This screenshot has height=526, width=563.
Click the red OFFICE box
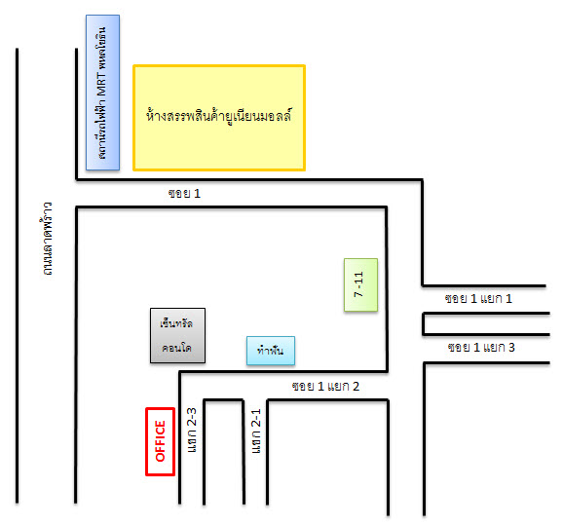pyautogui.click(x=160, y=441)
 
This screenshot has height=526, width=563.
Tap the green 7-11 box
pyautogui.click(x=360, y=284)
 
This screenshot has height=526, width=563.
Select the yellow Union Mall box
pyautogui.click(x=219, y=118)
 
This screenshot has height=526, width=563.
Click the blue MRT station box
pyautogui.click(x=102, y=93)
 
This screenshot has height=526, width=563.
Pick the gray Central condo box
pyautogui.click(x=177, y=335)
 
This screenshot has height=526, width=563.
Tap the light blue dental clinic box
pyautogui.click(x=271, y=351)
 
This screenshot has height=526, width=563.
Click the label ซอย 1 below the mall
pyautogui.click(x=184, y=194)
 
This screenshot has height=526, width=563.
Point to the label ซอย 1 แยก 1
pyautogui.click(x=478, y=299)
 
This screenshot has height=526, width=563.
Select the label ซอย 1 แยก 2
pyautogui.click(x=325, y=387)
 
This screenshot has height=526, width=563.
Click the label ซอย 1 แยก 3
pyautogui.click(x=481, y=348)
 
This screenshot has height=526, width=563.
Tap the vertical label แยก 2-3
pyautogui.click(x=192, y=430)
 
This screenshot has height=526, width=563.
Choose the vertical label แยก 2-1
pyautogui.click(x=256, y=431)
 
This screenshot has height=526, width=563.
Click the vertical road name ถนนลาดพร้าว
pyautogui.click(x=47, y=239)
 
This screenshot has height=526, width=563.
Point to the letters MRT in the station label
pyautogui.click(x=101, y=84)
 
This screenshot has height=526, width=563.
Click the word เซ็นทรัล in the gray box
pyautogui.click(x=176, y=323)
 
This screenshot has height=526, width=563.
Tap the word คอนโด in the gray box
pyautogui.click(x=176, y=348)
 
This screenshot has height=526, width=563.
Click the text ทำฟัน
pyautogui.click(x=271, y=350)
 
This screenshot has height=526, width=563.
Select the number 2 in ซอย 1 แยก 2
pyautogui.click(x=356, y=387)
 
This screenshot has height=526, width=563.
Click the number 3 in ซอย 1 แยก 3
pyautogui.click(x=511, y=348)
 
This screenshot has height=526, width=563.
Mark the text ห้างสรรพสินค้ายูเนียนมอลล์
pyautogui.click(x=219, y=116)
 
